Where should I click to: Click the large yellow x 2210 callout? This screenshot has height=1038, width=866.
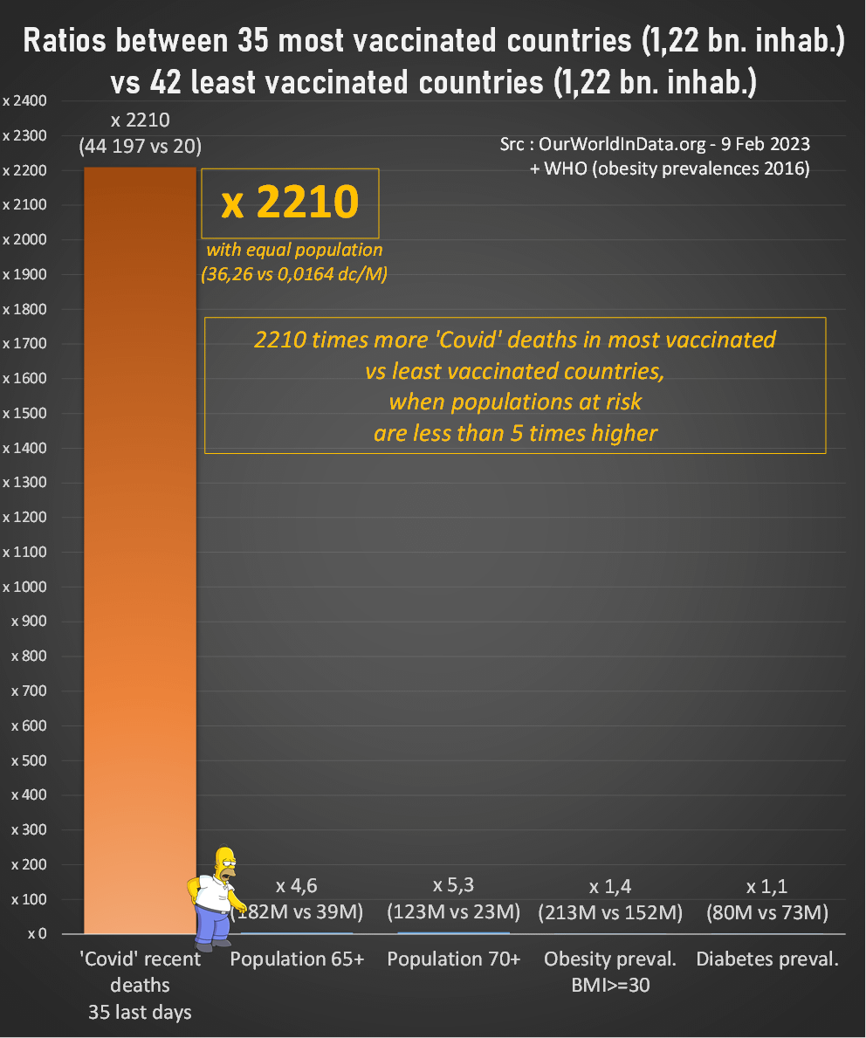pos(290,203)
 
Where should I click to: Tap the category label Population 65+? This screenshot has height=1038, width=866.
pos(297,959)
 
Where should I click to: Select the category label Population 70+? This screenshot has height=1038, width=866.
pos(454,959)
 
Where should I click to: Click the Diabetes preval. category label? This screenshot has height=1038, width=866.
pos(767,959)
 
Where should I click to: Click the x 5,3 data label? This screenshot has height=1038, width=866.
pos(454,885)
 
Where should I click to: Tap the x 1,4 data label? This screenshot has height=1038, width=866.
pos(610,887)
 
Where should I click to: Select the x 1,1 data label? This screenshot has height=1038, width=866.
pos(767,887)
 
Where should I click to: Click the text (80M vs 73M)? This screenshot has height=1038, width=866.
pos(767,913)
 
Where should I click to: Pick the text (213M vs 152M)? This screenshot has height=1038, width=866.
pos(610,913)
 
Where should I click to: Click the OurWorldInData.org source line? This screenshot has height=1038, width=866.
pos(655,143)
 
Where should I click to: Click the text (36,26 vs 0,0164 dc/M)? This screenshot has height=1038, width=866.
pos(294,272)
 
